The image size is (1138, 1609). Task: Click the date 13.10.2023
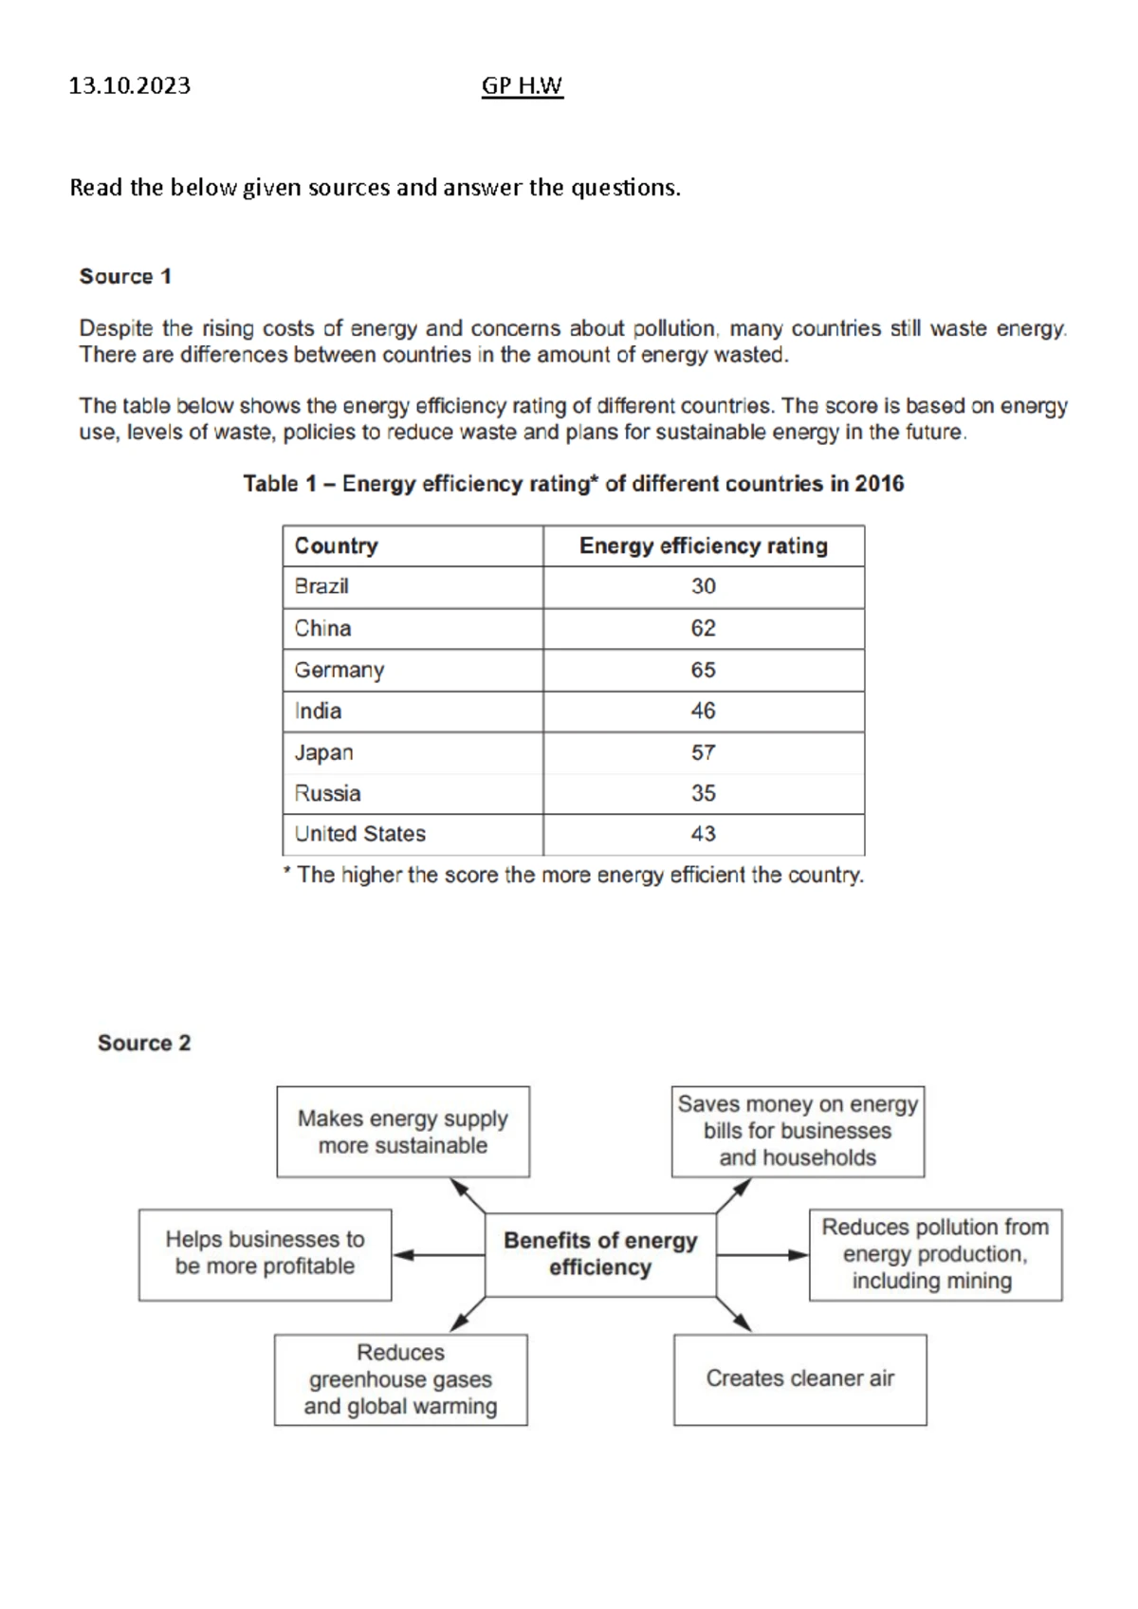(130, 86)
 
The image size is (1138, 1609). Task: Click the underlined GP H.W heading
(522, 86)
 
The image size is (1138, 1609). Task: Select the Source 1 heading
(125, 277)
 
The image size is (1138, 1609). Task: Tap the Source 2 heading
(144, 1044)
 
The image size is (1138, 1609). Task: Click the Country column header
(337, 546)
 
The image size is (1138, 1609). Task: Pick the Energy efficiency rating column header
(703, 546)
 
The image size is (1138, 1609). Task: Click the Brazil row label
(321, 587)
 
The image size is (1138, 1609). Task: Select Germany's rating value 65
(703, 671)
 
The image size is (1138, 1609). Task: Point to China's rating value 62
(703, 629)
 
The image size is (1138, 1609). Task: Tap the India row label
(318, 712)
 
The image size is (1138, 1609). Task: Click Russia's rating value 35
(703, 794)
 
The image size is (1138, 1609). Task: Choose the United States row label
(360, 835)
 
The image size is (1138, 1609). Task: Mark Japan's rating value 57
(703, 753)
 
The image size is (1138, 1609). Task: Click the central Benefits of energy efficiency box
(600, 1254)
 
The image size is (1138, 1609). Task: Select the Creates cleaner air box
(799, 1379)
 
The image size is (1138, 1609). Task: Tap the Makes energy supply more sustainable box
(403, 1132)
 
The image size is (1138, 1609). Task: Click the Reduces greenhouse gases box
(400, 1379)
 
